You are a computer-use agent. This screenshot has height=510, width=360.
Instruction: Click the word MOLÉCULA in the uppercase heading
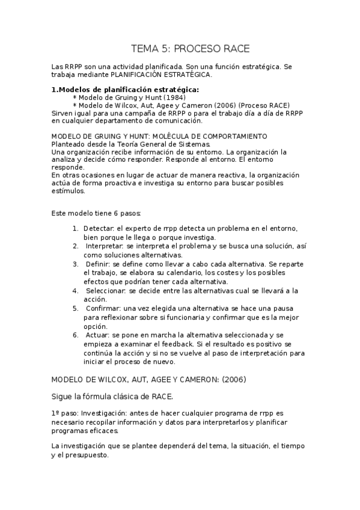(x=171, y=137)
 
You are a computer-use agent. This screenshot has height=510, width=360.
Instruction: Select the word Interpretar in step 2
(x=105, y=246)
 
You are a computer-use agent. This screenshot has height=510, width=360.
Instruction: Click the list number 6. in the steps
(x=75, y=334)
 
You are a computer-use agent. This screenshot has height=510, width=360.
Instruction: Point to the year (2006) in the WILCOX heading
(x=231, y=379)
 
